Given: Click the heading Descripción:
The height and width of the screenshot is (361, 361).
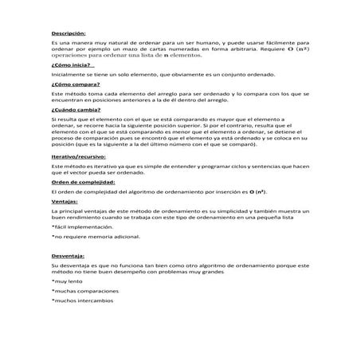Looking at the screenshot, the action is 68,33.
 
